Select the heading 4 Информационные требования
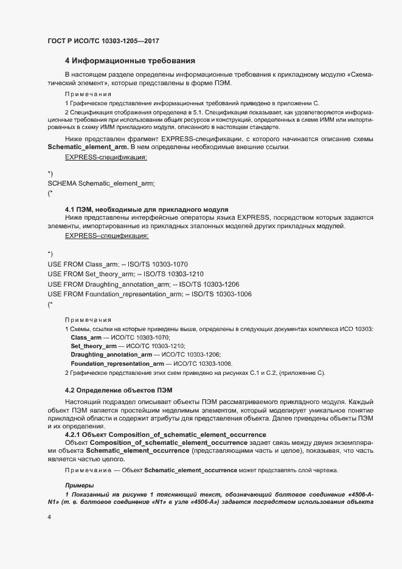click(130, 61)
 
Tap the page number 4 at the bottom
click(49, 517)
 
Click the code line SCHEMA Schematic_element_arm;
click(101, 183)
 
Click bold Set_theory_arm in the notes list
click(93, 346)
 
